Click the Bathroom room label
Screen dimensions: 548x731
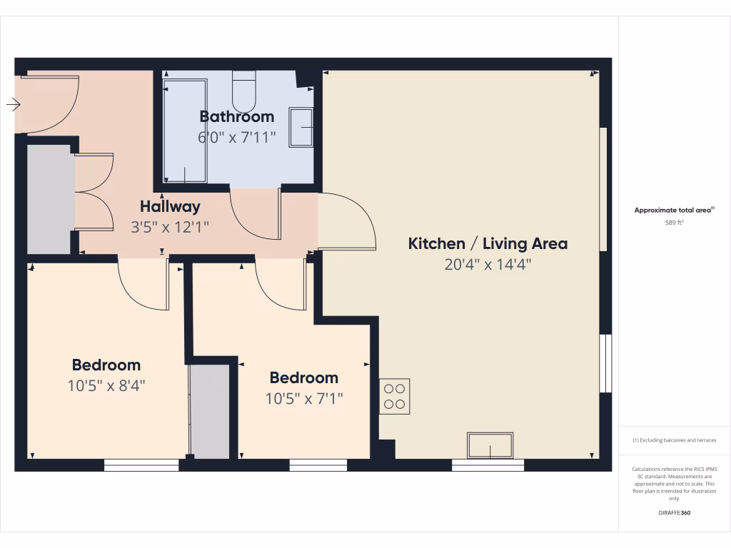236,116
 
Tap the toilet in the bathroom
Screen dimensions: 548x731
243,91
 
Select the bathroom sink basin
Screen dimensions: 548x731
301,127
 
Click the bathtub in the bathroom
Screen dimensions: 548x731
185,131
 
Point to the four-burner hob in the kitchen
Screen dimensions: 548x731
395,396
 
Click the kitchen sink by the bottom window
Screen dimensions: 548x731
490,445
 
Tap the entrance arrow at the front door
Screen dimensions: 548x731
14,105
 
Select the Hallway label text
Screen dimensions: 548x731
170,207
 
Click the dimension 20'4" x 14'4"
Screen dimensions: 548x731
488,265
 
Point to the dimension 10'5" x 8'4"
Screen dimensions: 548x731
106,386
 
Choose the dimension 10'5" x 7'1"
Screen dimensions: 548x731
304,398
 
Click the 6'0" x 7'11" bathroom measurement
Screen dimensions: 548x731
236,137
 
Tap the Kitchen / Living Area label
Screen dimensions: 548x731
488,243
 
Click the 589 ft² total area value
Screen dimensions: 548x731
675,223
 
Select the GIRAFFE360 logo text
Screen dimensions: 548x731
675,513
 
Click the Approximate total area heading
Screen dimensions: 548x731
673,210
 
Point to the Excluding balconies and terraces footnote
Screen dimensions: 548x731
675,440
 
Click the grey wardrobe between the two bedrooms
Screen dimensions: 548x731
210,411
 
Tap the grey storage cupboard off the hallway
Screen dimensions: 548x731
49,199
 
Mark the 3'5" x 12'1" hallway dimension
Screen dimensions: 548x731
170,228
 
